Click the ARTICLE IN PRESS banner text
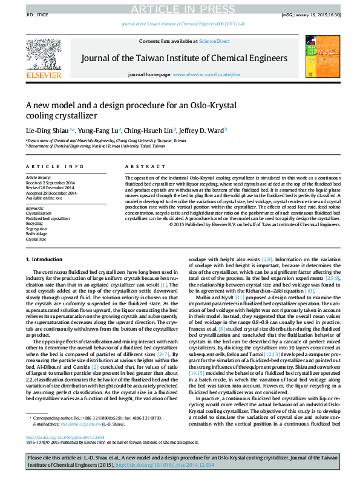(180, 7)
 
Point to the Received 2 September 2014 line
(50, 183)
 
